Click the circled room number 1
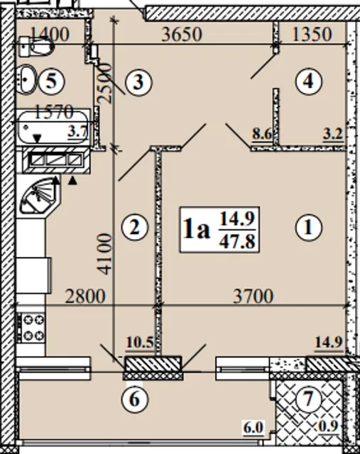(x=308, y=227)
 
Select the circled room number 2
(x=135, y=227)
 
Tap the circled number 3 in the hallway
(x=138, y=82)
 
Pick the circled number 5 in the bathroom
(x=52, y=81)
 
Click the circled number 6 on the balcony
(x=135, y=399)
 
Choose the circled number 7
(x=308, y=399)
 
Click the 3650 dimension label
(x=182, y=34)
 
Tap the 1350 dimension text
(x=312, y=34)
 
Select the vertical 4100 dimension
(x=104, y=254)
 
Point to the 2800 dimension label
(x=85, y=296)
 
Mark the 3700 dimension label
(x=253, y=296)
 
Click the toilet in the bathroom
(x=36, y=46)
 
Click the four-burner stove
(x=31, y=327)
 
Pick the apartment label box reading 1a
(x=219, y=230)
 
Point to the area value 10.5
(x=140, y=343)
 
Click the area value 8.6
(x=262, y=134)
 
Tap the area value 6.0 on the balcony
(x=253, y=427)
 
